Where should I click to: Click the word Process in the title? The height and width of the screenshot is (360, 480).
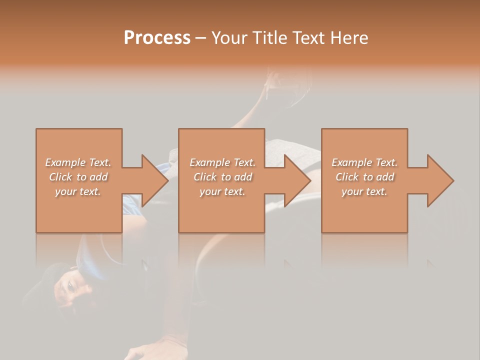157,38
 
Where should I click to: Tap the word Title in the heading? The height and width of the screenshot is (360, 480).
268,38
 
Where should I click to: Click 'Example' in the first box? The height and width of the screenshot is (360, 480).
65,162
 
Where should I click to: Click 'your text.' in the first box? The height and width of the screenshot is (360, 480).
78,191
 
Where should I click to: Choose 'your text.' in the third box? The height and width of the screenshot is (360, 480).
364,191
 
